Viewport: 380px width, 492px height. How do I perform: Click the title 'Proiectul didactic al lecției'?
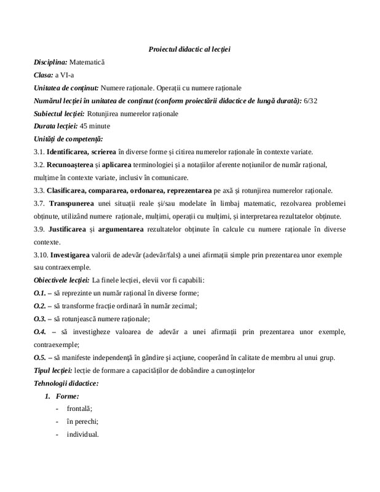click(x=189, y=49)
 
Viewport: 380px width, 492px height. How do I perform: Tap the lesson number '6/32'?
click(x=311, y=100)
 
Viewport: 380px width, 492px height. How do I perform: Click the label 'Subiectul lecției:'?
click(x=60, y=113)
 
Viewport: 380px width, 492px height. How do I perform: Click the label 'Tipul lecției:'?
click(x=53, y=370)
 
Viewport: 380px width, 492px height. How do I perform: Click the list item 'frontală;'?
click(x=80, y=409)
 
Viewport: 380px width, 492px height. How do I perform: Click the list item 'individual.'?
click(x=82, y=435)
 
